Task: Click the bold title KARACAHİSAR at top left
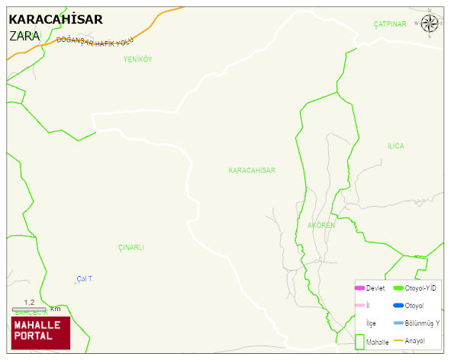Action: (55, 19)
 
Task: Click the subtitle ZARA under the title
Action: (24, 36)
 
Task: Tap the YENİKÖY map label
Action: (138, 59)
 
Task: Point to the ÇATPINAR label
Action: (390, 24)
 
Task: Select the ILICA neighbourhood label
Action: (395, 146)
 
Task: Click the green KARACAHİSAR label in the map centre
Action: (251, 170)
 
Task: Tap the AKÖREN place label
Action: (321, 226)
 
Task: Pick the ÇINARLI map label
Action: (131, 247)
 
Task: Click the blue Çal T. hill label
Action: (85, 278)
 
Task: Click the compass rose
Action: (430, 25)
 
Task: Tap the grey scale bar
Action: (30, 309)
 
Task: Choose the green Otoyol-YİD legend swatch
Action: (398, 288)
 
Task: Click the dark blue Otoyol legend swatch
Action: (398, 306)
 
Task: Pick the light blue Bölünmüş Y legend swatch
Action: (398, 323)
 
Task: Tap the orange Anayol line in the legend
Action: (398, 340)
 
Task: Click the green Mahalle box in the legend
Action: (359, 341)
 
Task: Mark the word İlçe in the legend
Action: (371, 323)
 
